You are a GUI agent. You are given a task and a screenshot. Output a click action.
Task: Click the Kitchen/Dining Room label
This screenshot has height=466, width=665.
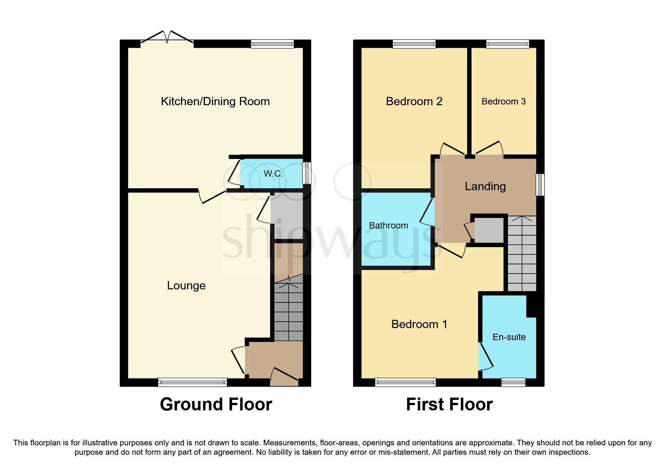coord(215,101)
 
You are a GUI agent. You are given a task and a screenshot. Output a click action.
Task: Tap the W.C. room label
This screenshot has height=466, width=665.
coord(273,174)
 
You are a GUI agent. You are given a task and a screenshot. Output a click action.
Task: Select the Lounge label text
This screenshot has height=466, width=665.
coord(186,286)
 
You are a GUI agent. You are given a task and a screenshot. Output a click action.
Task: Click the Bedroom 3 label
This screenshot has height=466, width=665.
coord(504,101)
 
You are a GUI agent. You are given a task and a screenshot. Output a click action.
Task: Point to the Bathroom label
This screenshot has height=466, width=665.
coord(388,225)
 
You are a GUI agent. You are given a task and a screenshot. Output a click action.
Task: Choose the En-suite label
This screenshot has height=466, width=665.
coord(509,337)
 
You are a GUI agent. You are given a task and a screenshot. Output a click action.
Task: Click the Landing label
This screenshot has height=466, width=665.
coord(485,186)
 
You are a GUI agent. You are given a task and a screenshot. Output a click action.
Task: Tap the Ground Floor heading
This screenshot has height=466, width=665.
coord(216,405)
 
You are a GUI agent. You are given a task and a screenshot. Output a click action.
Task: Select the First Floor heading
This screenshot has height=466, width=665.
coord(449,405)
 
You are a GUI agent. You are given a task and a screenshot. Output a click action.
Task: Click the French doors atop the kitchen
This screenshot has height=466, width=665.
coord(167,38)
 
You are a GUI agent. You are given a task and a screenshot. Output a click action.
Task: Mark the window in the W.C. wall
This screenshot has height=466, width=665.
coord(307,173)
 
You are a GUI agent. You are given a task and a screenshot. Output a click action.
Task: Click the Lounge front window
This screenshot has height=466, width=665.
coord(192,382)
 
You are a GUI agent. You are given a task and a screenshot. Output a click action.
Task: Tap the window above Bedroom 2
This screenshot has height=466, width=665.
coord(414,44)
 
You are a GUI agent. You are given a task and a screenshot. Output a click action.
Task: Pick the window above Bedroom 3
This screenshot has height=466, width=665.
coord(507,44)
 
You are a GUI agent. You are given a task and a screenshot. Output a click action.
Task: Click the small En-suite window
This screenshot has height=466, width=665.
coord(513,382)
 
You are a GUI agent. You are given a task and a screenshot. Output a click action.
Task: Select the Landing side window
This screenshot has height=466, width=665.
coord(540,185)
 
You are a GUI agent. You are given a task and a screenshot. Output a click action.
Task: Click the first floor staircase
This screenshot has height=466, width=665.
coord(522,254)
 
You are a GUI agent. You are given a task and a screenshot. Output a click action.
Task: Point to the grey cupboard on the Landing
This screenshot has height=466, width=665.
coord(489,230)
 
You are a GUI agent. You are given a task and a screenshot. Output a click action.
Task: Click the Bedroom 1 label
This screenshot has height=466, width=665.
coord(419,324)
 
